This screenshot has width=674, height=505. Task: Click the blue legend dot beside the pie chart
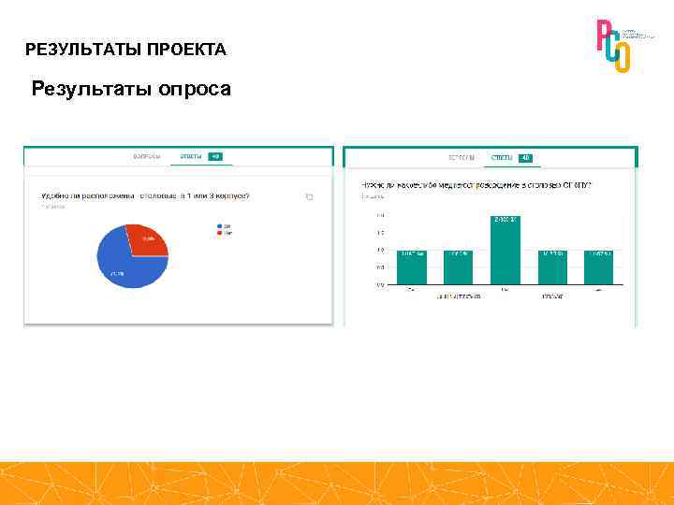point(219,225)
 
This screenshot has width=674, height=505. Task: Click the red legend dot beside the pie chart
point(219,232)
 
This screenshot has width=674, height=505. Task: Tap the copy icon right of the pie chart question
point(309,196)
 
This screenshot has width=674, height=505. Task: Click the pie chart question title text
point(151,196)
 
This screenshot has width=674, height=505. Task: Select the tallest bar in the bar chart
point(505,250)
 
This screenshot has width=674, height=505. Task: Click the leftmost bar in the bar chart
point(411,267)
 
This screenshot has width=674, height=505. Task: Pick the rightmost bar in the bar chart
point(598,267)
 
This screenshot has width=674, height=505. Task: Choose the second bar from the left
point(458,267)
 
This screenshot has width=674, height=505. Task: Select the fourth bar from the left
point(551,267)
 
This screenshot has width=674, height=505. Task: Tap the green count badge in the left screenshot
point(214,156)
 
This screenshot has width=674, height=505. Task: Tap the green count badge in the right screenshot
point(526,158)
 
